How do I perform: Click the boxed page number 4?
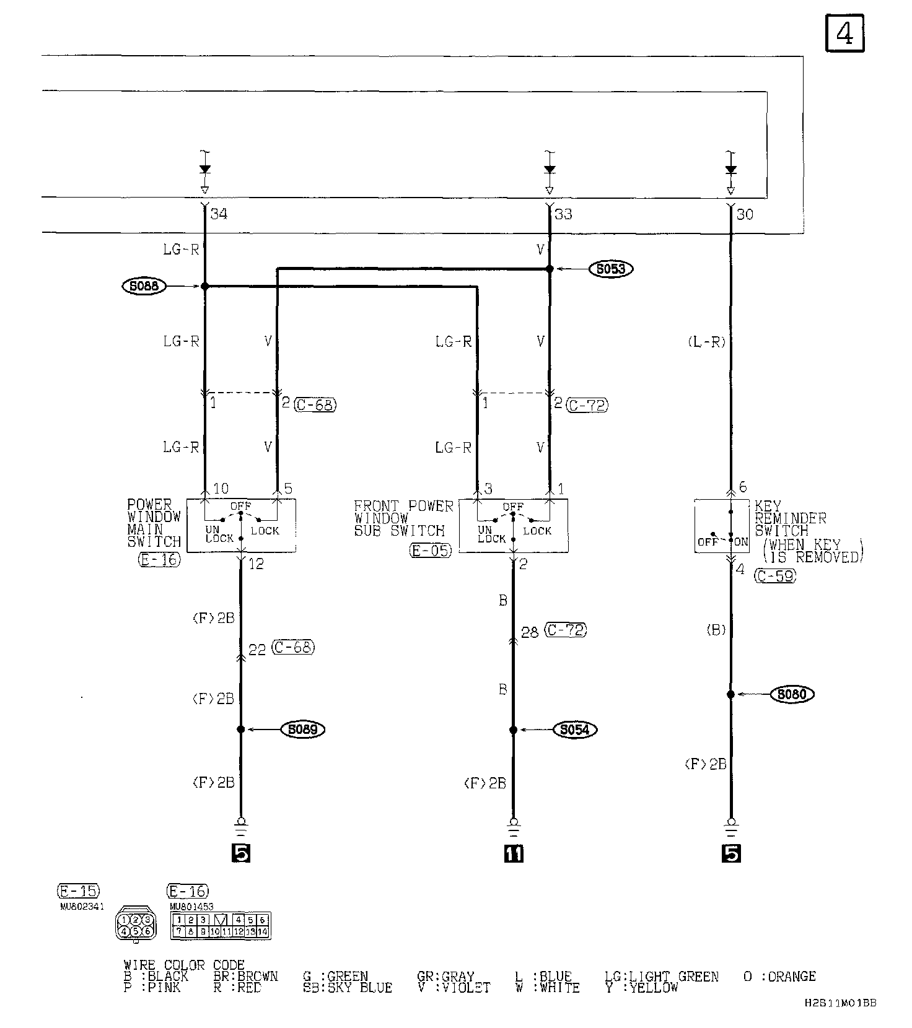[x=844, y=33]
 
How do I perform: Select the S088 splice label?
[x=144, y=286]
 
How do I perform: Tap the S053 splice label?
[x=611, y=269]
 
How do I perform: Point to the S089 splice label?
[x=302, y=729]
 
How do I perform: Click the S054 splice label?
[x=574, y=730]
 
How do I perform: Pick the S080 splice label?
[x=791, y=694]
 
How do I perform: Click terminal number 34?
[x=219, y=214]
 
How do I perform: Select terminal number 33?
[x=563, y=214]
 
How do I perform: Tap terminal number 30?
[x=745, y=214]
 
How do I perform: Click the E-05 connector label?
[x=431, y=550]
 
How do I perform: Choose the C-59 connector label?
[x=775, y=575]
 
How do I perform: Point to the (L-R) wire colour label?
[x=706, y=342]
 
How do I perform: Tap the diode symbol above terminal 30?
[x=731, y=170]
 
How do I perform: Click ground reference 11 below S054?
[x=514, y=853]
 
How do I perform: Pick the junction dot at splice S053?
[x=549, y=269]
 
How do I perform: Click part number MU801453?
[x=191, y=907]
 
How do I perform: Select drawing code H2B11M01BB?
[x=840, y=1003]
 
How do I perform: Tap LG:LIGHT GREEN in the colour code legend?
[x=661, y=977]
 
